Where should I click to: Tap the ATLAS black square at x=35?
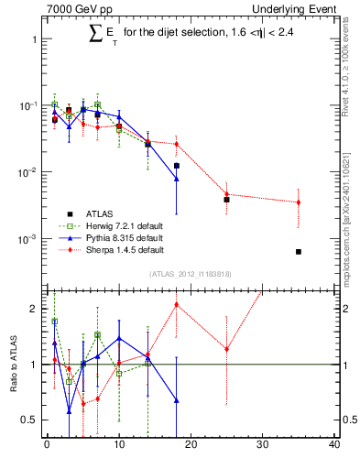(299, 252)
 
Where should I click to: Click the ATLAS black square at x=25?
(226, 199)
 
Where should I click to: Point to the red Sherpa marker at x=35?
(299, 202)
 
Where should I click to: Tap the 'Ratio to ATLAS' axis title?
(14, 365)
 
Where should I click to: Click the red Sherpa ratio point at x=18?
(176, 304)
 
